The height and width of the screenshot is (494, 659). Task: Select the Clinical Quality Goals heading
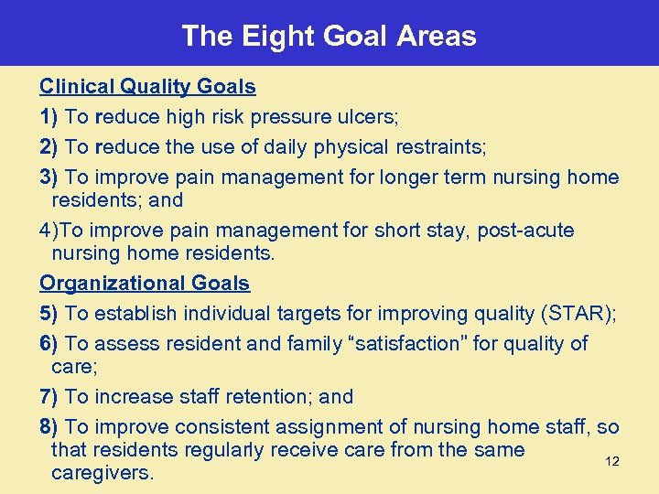(x=147, y=87)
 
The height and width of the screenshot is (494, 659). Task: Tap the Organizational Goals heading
(x=145, y=284)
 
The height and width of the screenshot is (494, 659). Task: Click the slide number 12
(x=612, y=461)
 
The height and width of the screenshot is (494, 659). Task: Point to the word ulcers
(x=367, y=117)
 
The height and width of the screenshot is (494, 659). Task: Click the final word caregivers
(x=103, y=473)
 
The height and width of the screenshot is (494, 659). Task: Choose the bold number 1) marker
(x=49, y=117)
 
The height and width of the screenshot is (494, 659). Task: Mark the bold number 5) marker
(x=49, y=314)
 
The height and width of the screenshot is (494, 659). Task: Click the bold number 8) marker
(x=49, y=427)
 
